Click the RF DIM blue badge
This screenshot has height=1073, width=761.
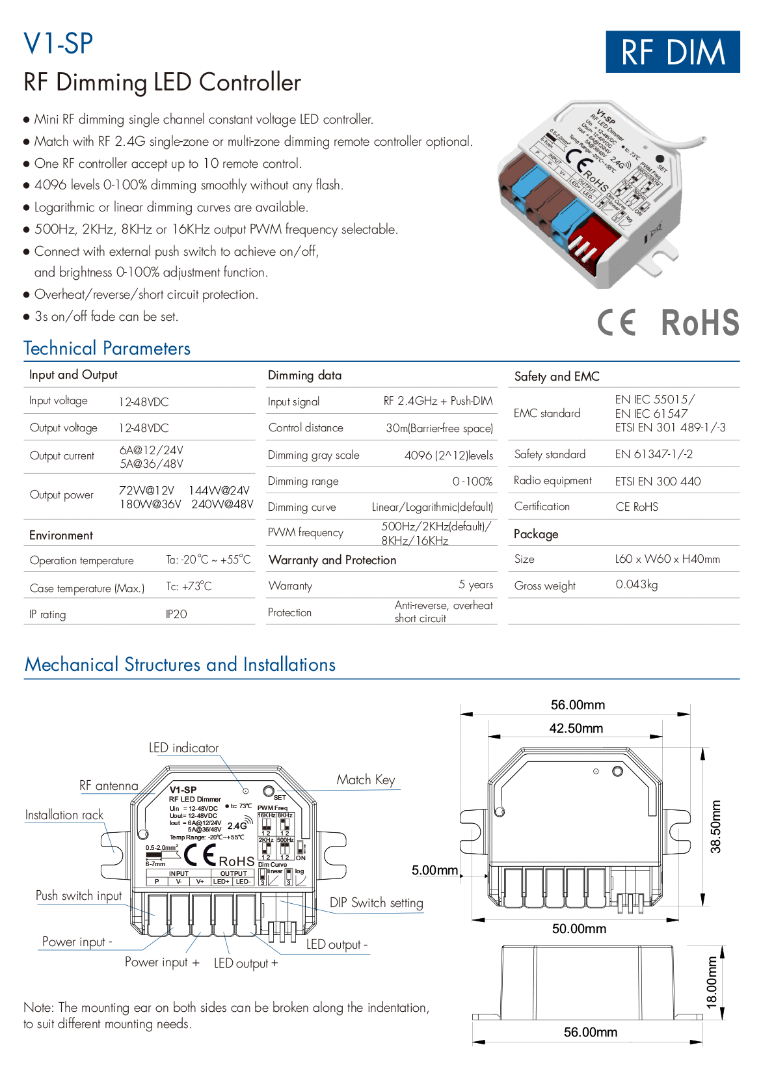(x=673, y=52)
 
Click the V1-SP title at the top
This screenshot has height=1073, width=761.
(x=59, y=44)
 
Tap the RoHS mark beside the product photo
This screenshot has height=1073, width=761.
(x=700, y=323)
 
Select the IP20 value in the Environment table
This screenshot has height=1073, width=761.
(x=176, y=614)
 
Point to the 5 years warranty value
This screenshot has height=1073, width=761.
(x=475, y=585)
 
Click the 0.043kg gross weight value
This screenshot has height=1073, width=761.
(x=637, y=585)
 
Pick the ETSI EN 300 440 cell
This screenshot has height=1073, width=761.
(x=658, y=482)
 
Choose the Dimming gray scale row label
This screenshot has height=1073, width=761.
(x=314, y=455)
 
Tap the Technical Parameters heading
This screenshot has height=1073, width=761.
(x=107, y=349)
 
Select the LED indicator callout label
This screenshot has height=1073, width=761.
(x=183, y=748)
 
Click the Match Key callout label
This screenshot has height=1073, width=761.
(x=366, y=780)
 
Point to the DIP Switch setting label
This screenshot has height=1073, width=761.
(x=376, y=903)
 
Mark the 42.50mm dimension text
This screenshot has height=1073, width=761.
(x=576, y=728)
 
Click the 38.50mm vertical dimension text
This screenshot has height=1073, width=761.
(x=715, y=826)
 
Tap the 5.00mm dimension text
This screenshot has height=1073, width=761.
(x=434, y=871)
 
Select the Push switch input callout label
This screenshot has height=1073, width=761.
(x=79, y=896)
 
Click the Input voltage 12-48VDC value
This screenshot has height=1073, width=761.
(x=144, y=402)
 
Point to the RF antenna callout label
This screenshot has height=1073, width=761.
(x=109, y=786)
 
